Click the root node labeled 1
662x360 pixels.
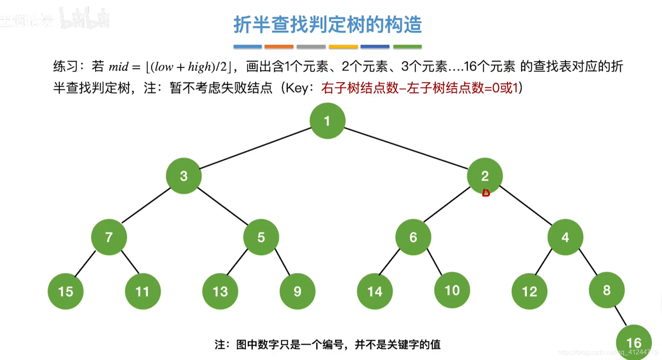[327, 121]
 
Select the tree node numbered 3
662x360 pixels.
[184, 176]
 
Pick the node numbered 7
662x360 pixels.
[109, 237]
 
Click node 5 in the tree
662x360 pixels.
[261, 237]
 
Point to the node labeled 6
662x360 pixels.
[413, 237]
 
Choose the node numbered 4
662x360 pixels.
[565, 237]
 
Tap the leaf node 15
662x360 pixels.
[66, 291]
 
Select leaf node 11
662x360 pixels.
[142, 291]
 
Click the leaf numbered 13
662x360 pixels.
[220, 291]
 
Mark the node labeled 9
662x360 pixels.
[297, 291]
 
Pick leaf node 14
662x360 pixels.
[375, 291]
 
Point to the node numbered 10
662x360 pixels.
[452, 290]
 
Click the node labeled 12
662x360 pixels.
[529, 291]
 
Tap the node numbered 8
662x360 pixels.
[606, 290]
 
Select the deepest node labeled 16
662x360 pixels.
[634, 342]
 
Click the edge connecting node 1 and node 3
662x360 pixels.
[255, 148]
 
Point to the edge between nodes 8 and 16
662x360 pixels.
[620, 316]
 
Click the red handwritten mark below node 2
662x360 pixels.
[486, 193]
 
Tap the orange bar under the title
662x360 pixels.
[279, 47]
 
